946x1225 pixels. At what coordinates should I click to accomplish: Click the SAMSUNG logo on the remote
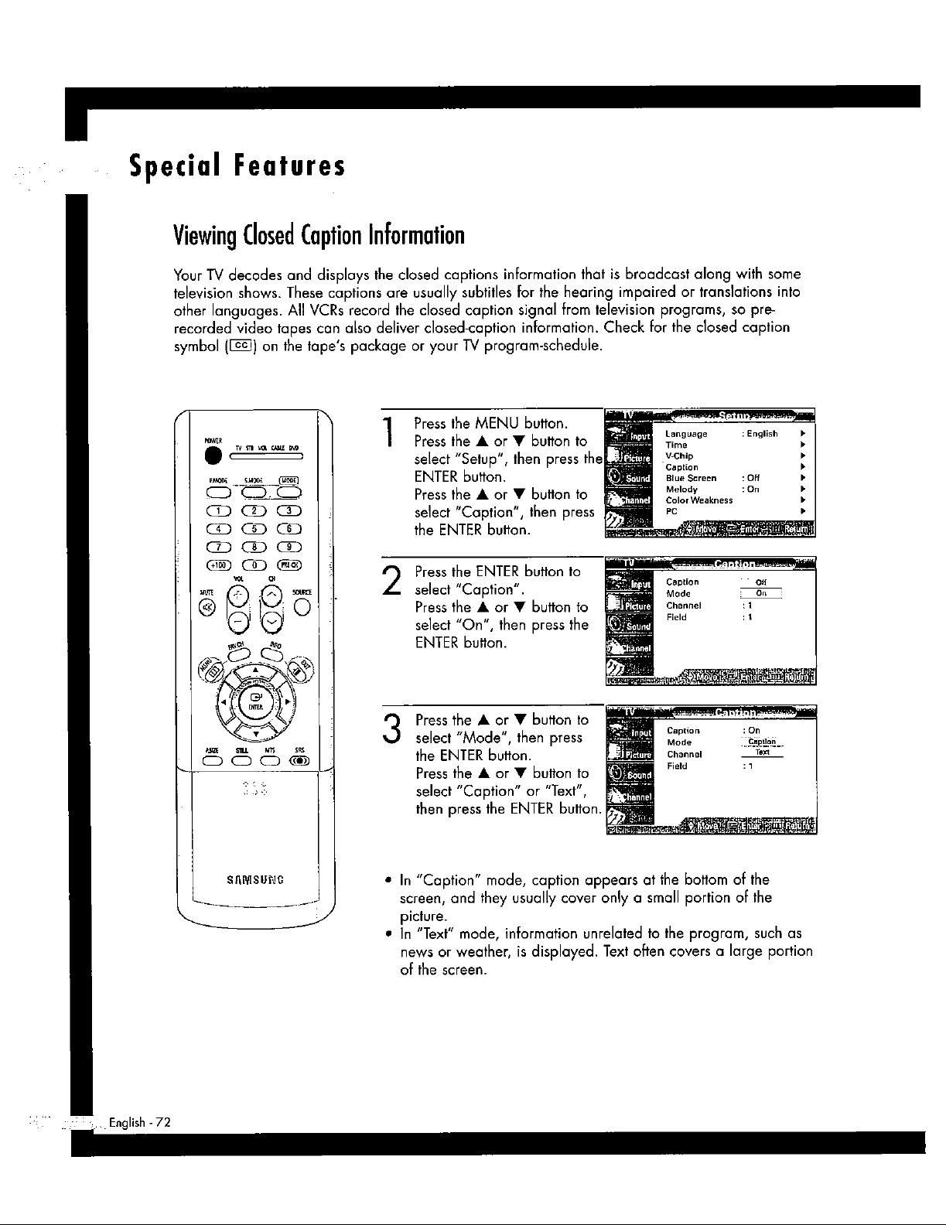[x=254, y=879]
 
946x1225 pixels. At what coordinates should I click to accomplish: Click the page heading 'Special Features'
[x=236, y=166]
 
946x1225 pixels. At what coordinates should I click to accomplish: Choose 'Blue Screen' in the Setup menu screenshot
[x=691, y=478]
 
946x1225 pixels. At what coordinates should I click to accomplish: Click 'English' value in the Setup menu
[x=761, y=434]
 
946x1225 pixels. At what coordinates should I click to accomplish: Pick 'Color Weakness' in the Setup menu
[x=698, y=500]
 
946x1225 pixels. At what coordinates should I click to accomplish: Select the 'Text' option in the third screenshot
[x=762, y=752]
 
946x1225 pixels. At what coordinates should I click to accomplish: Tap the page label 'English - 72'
[x=139, y=1122]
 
